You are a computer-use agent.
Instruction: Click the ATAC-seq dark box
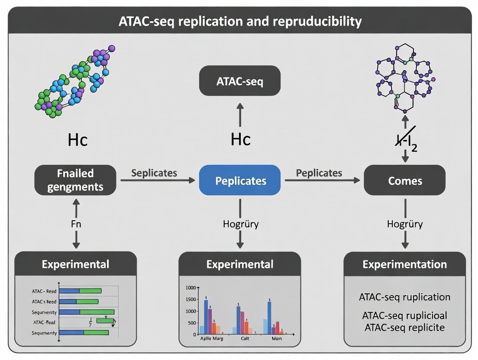pos(239,80)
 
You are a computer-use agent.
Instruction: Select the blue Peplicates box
pos(239,180)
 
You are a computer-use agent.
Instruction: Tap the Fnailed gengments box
pos(75,180)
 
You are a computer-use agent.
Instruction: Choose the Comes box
pos(404,180)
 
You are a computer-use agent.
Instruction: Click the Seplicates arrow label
pos(154,173)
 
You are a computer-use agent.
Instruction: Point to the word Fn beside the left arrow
pos(76,224)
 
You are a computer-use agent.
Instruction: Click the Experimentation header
pos(404,264)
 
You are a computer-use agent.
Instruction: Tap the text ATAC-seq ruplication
pos(404,297)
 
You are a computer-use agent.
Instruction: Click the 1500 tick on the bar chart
pos(191,299)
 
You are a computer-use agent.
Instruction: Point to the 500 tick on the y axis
pos(191,323)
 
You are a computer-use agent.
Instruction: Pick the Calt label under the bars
pos(245,338)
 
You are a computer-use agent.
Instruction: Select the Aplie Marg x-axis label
pos(212,338)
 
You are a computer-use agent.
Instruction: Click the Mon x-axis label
pos(276,338)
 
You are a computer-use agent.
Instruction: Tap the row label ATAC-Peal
pos(45,322)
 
